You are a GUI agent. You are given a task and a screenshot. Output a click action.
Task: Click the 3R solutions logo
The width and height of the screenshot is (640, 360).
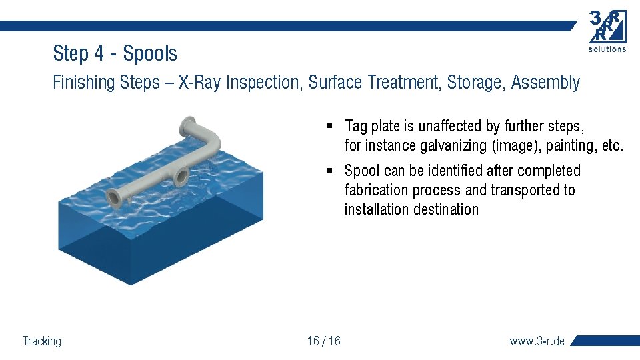point(607,31)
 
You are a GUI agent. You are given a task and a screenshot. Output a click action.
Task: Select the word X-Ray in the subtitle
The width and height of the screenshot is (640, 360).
point(200,83)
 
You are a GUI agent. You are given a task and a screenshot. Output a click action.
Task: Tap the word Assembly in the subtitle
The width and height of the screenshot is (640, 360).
point(547,83)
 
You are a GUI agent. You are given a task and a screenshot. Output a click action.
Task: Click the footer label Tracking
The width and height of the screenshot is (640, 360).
point(42,341)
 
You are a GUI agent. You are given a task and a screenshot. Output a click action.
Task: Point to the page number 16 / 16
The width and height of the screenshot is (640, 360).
point(323,341)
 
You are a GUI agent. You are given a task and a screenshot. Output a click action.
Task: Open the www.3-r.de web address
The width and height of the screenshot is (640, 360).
point(537,341)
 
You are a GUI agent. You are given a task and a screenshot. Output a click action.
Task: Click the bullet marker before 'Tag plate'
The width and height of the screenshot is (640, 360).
point(330,126)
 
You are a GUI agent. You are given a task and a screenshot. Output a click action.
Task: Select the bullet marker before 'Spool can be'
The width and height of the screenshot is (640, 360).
point(330,171)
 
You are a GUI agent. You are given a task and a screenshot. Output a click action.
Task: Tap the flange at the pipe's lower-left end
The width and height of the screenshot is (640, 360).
point(114,198)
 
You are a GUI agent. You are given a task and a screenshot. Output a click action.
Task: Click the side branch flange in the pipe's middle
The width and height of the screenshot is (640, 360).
point(179,177)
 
